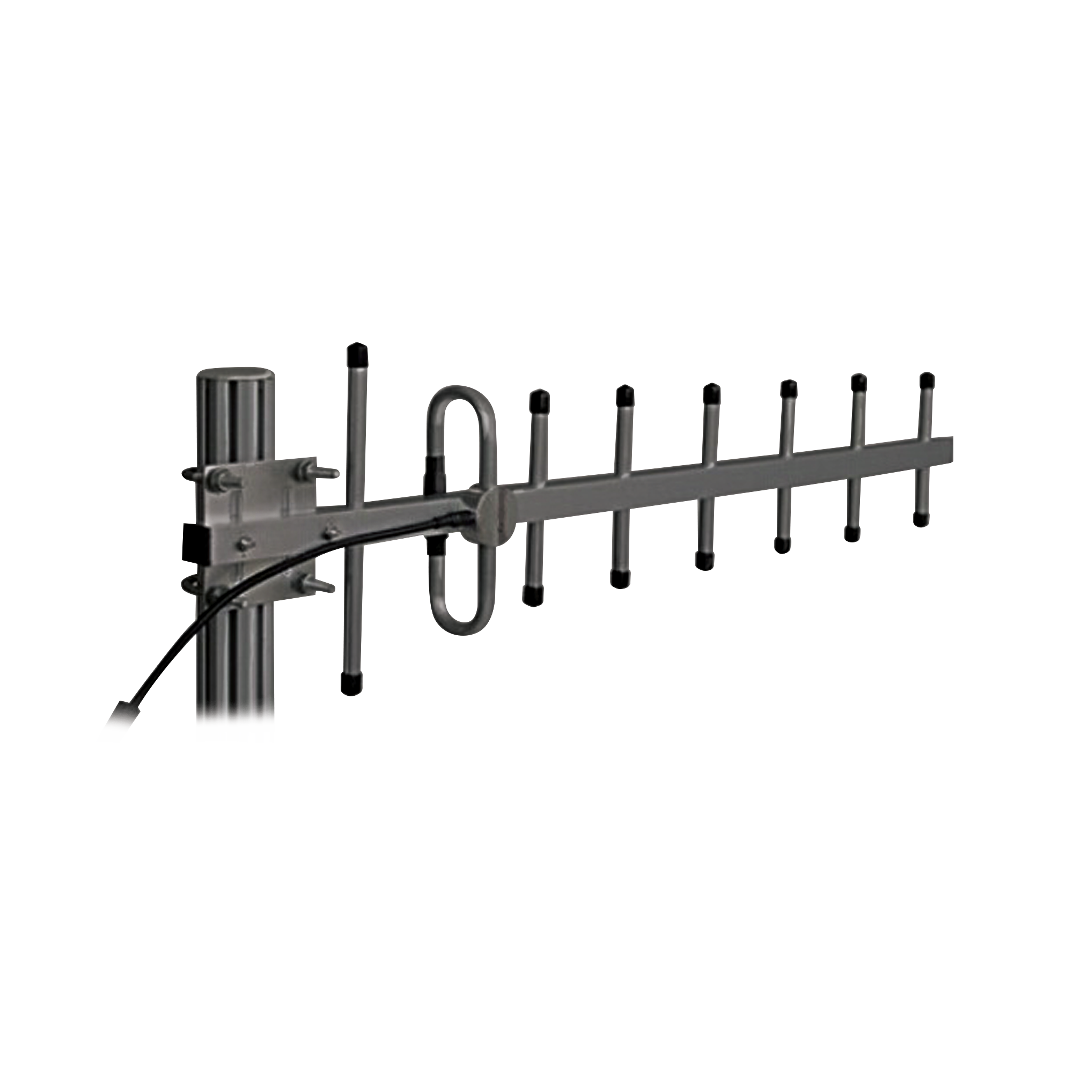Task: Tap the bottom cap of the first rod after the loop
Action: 533,596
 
